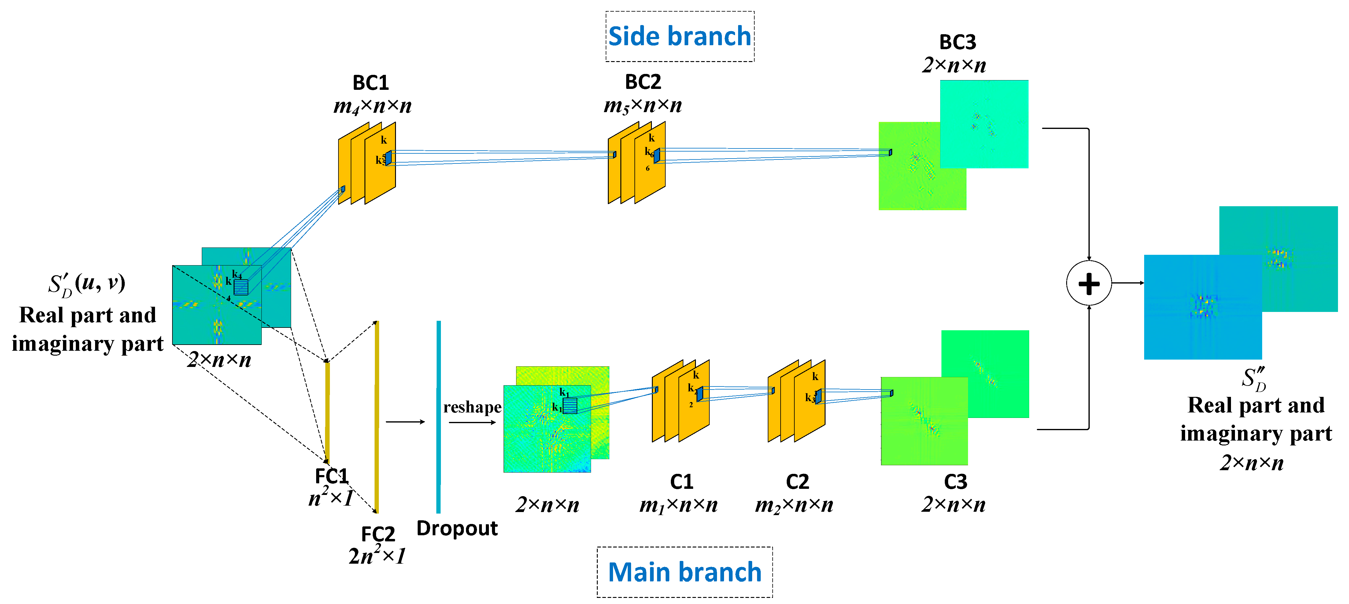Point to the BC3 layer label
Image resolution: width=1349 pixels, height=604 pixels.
point(957,42)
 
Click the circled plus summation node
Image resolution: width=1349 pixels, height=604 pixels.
point(1089,283)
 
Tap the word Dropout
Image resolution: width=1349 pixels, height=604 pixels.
point(457,528)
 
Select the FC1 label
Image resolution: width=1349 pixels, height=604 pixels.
point(331,476)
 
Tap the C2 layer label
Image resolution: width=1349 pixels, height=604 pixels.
point(797,481)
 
